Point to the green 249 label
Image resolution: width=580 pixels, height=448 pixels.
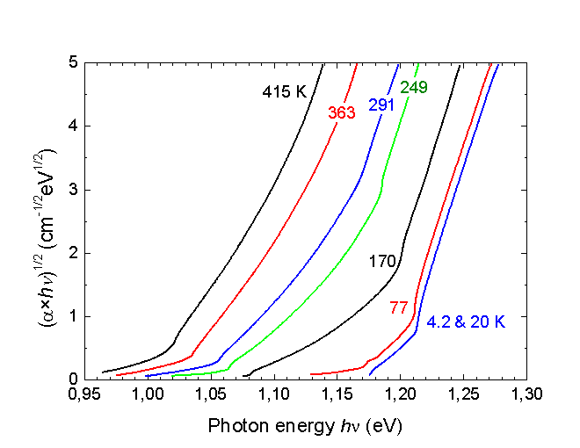point(414,88)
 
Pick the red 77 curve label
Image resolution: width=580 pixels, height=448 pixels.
point(398,307)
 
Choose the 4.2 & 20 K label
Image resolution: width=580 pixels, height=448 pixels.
point(466,322)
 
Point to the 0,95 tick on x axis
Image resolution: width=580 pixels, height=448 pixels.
point(85,396)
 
